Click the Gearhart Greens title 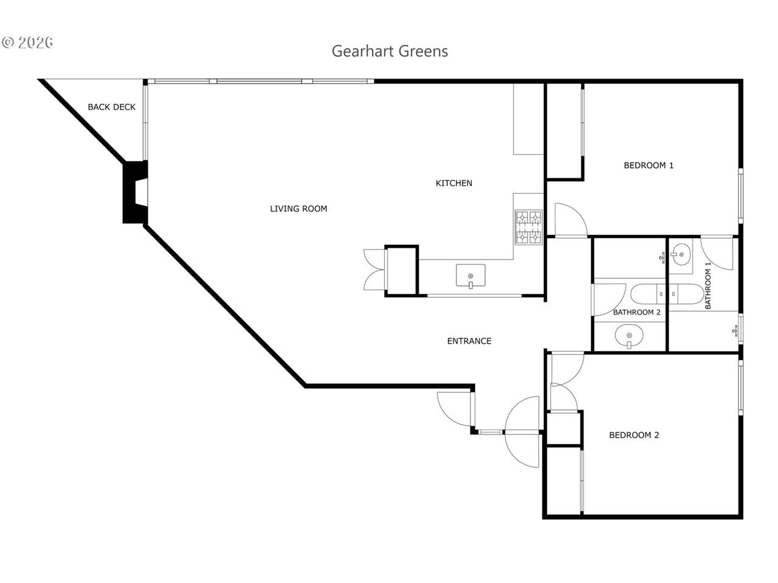(390, 52)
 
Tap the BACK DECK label (112, 107)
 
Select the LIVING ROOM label (298, 209)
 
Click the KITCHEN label (453, 183)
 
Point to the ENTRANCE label (469, 341)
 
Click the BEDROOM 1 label (649, 165)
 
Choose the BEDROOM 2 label (634, 435)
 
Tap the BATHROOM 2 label (636, 312)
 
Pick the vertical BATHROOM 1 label (708, 285)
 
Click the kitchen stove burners (528, 227)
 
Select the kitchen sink (470, 276)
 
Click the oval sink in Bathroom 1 (681, 254)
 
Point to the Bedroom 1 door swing (571, 219)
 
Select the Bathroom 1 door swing (717, 253)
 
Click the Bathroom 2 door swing (609, 299)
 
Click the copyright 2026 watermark (27, 43)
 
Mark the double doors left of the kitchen (374, 270)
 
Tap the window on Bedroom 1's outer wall (740, 196)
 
